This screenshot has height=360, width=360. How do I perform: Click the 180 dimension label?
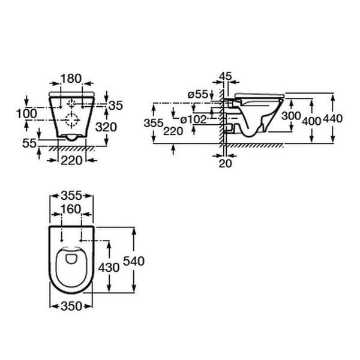click(x=71, y=79)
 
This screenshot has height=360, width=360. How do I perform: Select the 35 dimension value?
click(x=116, y=106)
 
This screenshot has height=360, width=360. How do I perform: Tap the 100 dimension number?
click(x=26, y=113)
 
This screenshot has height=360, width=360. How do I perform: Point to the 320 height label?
click(x=106, y=127)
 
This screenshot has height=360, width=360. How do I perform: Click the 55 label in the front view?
click(x=29, y=143)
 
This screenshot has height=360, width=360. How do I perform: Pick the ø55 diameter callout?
click(x=197, y=94)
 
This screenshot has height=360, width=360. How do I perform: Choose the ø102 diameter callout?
click(x=193, y=119)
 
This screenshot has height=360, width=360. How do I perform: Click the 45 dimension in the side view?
click(x=226, y=76)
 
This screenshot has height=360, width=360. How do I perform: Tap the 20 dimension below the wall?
click(x=225, y=163)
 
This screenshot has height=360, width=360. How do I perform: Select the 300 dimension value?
click(x=291, y=116)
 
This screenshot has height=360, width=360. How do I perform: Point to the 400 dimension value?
click(x=311, y=121)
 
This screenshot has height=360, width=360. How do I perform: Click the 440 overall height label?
click(x=332, y=118)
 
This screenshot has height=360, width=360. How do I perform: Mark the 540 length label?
click(x=134, y=261)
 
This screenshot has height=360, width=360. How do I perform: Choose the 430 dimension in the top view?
click(x=109, y=268)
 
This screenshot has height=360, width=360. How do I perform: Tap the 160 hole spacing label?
click(x=71, y=209)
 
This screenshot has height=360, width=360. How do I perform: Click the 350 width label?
click(x=71, y=306)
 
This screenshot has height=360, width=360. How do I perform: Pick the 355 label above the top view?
click(x=71, y=196)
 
